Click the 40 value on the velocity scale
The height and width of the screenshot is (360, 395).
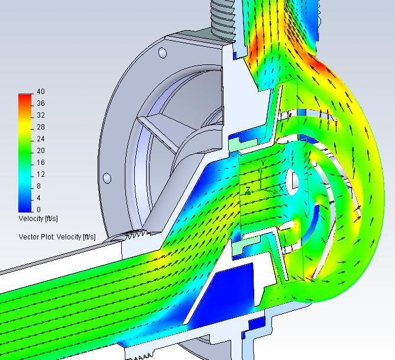(41, 92)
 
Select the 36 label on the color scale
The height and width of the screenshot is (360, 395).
(41, 103)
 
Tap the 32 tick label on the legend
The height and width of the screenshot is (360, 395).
(41, 115)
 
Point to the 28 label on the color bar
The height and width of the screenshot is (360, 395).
(41, 127)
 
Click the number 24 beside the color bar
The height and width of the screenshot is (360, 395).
(41, 139)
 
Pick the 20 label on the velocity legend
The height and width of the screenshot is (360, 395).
(41, 151)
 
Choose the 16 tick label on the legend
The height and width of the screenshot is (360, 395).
(41, 163)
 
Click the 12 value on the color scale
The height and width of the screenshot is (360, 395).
(41, 174)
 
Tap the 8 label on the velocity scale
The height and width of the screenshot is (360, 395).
(38, 186)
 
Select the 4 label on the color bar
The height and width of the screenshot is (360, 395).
(38, 198)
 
